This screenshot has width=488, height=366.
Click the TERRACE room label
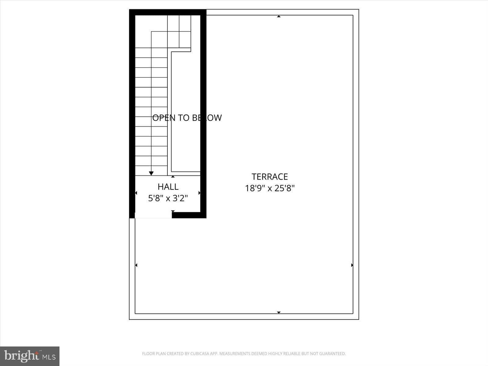pyautogui.click(x=270, y=177)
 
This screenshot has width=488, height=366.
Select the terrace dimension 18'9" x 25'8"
pyautogui.click(x=270, y=188)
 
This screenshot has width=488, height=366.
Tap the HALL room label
pyautogui.click(x=168, y=187)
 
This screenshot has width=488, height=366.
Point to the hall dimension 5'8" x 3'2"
pyautogui.click(x=168, y=199)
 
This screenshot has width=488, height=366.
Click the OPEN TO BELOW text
pyautogui.click(x=187, y=118)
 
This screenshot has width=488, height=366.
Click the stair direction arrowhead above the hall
pyautogui.click(x=151, y=173)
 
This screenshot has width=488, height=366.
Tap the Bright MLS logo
pyautogui.click(x=30, y=356)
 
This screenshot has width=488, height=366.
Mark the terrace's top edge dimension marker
pyautogui.click(x=278, y=16)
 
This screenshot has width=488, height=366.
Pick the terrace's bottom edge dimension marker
pyautogui.click(x=278, y=312)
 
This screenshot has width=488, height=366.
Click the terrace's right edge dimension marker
pyautogui.click(x=352, y=265)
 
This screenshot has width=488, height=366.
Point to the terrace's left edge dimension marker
pyautogui.click(x=136, y=265)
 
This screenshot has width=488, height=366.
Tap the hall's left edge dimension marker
pyautogui.click(x=136, y=193)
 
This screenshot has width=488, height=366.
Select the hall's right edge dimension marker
pyautogui.click(x=199, y=193)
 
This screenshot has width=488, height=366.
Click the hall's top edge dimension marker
pyautogui.click(x=173, y=177)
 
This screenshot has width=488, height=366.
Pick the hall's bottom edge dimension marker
pyautogui.click(x=173, y=211)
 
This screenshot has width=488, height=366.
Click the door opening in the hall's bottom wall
pyautogui.click(x=153, y=215)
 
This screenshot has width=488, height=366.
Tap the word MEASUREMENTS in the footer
pyautogui.click(x=234, y=354)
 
